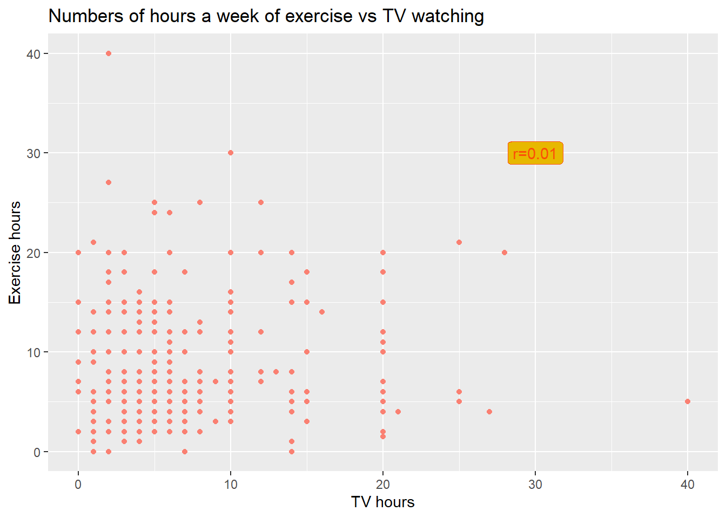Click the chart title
pyautogui.click(x=266, y=16)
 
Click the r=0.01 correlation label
pyautogui.click(x=535, y=154)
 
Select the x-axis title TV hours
pyautogui.click(x=382, y=502)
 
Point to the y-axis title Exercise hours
pyautogui.click(x=15, y=253)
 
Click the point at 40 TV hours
pyautogui.click(x=687, y=401)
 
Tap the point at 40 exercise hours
pyautogui.click(x=109, y=53)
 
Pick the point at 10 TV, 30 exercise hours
pyautogui.click(x=231, y=153)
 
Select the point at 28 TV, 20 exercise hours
pyautogui.click(x=505, y=253)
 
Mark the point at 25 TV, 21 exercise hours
pyautogui.click(x=459, y=242)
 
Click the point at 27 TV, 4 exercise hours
pyautogui.click(x=489, y=412)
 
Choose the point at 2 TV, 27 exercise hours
pyautogui.click(x=109, y=182)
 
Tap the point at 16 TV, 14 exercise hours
pyautogui.click(x=322, y=312)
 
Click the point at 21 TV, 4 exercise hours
pyautogui.click(x=398, y=412)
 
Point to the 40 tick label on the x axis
pyautogui.click(x=687, y=485)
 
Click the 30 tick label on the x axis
pyautogui.click(x=535, y=485)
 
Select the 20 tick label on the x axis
pyautogui.click(x=382, y=485)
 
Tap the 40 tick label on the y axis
pyautogui.click(x=33, y=53)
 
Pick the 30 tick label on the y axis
pyautogui.click(x=33, y=153)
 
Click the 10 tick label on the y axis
pyautogui.click(x=33, y=352)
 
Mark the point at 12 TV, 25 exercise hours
pyautogui.click(x=261, y=202)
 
